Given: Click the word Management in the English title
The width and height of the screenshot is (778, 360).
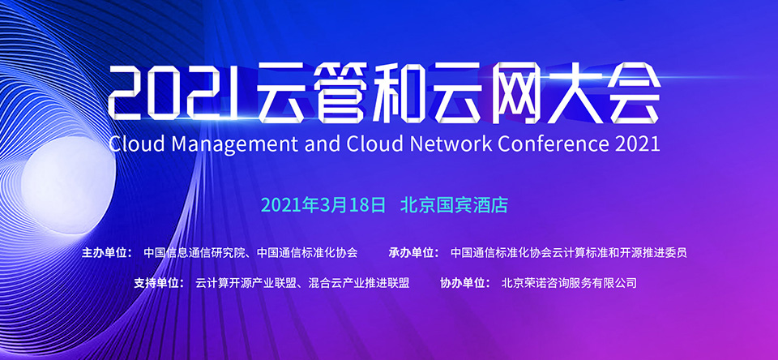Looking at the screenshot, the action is [x=231, y=144].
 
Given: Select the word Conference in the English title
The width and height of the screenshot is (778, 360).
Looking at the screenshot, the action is [x=553, y=144].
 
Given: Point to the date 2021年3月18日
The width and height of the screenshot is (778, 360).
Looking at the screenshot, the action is [x=323, y=205].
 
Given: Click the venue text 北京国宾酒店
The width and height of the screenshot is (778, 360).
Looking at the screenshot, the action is [x=455, y=205].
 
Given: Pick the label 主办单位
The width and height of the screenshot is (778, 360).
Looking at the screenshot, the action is [x=105, y=253].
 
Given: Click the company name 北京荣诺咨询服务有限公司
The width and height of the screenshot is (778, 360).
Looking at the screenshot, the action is [x=569, y=283].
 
